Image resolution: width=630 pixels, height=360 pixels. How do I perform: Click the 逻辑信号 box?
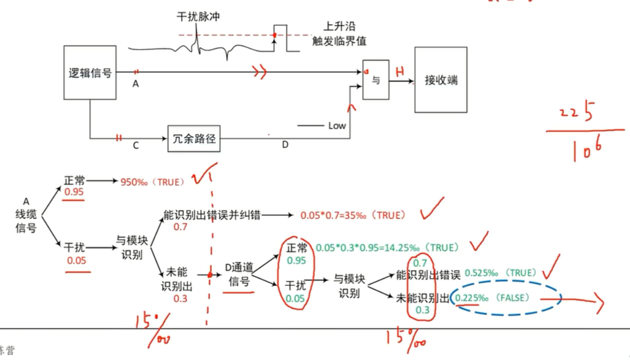[x=90, y=72]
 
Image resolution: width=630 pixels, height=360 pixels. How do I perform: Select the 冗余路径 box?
[x=194, y=139]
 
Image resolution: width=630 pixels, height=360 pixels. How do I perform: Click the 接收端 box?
[x=441, y=79]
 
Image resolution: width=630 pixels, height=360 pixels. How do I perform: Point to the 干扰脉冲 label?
[x=198, y=17]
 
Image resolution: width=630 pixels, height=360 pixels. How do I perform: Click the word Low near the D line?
[x=337, y=125]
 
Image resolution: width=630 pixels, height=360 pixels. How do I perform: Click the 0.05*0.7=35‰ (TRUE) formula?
[x=353, y=215]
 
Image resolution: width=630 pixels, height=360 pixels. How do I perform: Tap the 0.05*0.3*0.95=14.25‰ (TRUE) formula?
[x=387, y=248]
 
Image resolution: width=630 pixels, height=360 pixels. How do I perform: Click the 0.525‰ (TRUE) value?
[x=500, y=273]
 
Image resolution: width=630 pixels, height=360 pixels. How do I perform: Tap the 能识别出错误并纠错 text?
[x=212, y=215]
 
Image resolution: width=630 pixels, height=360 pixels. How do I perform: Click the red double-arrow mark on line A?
[x=260, y=72]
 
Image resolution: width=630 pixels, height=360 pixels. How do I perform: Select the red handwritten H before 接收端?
[x=400, y=71]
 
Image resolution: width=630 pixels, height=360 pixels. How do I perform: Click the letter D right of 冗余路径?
[x=285, y=145]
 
